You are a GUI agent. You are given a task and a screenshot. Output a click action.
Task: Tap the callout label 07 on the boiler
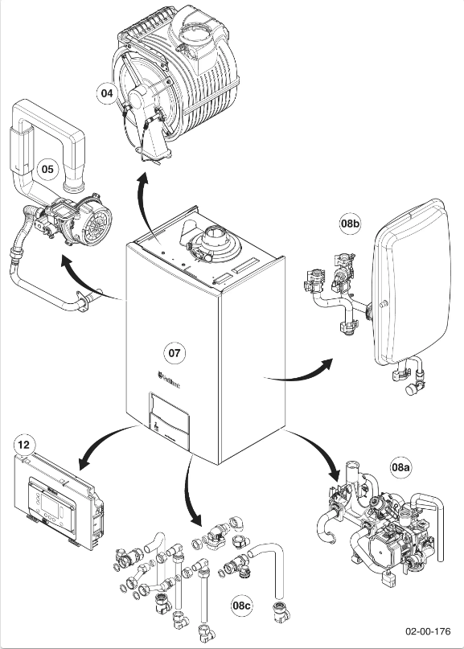[x=175, y=352]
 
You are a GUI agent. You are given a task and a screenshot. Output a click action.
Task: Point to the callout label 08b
[x=350, y=224]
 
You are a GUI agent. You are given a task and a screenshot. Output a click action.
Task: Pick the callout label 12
[x=25, y=444]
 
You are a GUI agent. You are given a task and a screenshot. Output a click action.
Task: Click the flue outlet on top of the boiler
[x=216, y=239]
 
